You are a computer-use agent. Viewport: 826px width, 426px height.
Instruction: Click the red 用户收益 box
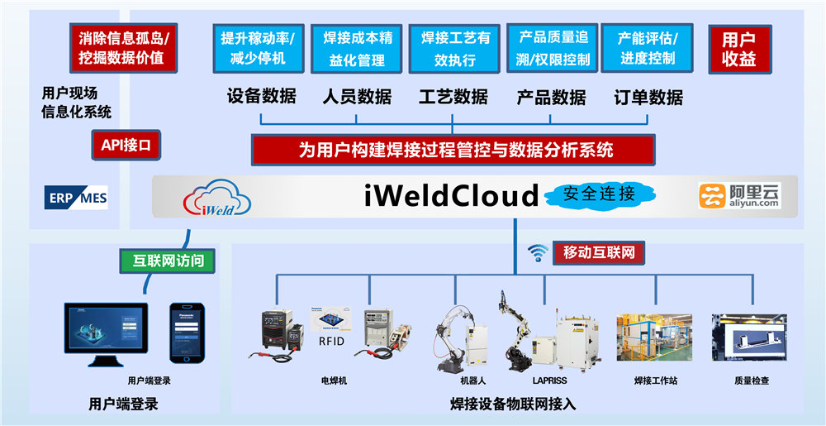738,50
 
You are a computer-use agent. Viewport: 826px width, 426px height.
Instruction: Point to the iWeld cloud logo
217,197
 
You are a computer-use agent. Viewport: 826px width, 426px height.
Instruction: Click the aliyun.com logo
739,195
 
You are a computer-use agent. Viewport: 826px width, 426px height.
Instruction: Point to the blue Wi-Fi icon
538,253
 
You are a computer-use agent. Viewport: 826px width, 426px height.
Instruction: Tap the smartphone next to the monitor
186,332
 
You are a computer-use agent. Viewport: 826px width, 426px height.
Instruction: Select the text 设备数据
261,96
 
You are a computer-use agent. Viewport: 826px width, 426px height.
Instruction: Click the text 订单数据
648,97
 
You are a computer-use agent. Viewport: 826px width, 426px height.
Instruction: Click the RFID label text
330,340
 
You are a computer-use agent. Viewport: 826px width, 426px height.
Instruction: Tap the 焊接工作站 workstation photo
655,339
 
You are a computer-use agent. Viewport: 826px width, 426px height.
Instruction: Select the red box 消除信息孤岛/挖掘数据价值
122,48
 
